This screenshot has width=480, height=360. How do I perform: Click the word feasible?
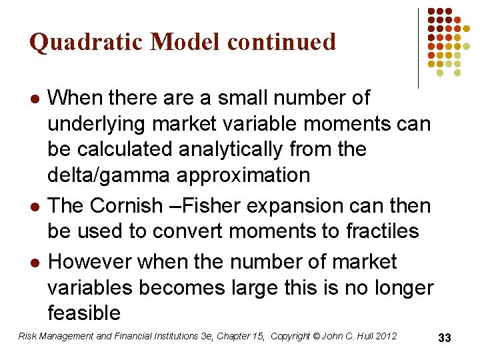(x=84, y=313)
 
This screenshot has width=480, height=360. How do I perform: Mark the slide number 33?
(x=445, y=338)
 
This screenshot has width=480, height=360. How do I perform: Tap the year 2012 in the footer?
(x=385, y=336)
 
